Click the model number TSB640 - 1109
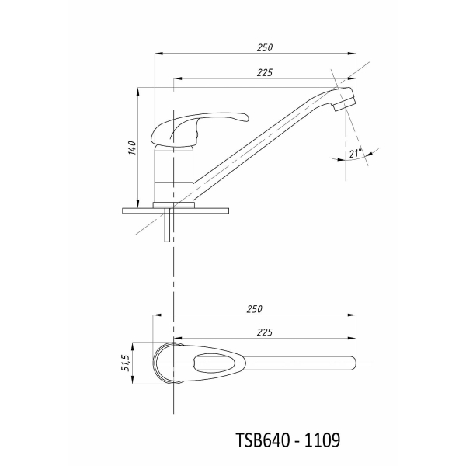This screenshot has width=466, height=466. click(287, 440)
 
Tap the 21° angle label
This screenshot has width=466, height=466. click(356, 153)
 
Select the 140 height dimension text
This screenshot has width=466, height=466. click(132, 148)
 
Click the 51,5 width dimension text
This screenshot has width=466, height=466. click(126, 363)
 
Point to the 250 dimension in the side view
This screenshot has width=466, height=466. click(265, 47)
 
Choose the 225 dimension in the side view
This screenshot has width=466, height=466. click(265, 72)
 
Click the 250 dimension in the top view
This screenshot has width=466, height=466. click(255, 309)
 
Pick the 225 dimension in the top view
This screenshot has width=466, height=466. click(265, 332)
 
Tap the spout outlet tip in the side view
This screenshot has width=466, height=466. click(345, 105)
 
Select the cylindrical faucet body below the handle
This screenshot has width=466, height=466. click(174, 175)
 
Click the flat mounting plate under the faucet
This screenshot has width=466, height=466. click(176, 210)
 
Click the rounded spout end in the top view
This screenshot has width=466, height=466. click(352, 363)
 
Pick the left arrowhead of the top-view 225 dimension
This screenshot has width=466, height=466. click(178, 338)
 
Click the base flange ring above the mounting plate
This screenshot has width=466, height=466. click(173, 205)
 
